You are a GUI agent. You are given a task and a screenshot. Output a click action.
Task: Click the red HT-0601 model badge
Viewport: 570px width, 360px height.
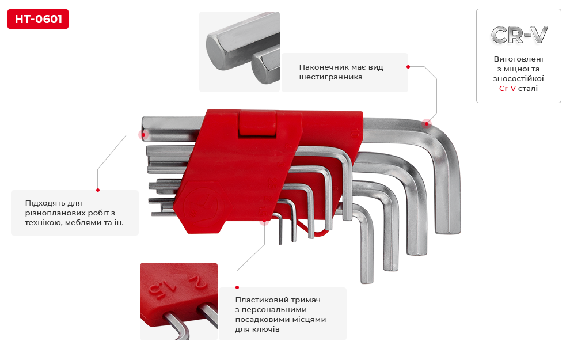tap(38, 19)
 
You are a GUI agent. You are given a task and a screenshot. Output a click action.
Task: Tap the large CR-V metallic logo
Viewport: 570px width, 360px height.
tap(519, 35)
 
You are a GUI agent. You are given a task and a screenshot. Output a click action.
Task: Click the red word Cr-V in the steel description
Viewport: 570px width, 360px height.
tap(507, 88)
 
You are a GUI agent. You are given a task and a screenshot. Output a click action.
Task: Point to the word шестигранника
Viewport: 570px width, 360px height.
tap(330, 77)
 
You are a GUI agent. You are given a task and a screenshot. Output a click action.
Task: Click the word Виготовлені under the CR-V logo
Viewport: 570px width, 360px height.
tap(518, 59)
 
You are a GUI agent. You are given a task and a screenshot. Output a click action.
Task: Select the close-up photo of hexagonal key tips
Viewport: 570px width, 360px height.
tap(240, 52)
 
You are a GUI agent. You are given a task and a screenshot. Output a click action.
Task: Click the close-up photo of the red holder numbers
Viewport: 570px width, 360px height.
tap(179, 301)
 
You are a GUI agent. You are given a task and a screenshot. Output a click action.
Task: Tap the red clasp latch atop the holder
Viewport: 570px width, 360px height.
tap(257, 123)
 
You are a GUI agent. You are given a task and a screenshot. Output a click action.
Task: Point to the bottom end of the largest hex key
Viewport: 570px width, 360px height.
tap(448, 231)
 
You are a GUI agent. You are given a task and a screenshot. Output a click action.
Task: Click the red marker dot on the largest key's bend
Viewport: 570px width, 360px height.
tap(427, 124)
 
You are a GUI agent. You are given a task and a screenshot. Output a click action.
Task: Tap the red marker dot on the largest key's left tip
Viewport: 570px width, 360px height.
tap(143, 135)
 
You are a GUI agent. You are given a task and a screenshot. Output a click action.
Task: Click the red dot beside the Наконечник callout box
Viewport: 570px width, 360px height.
tap(408, 67)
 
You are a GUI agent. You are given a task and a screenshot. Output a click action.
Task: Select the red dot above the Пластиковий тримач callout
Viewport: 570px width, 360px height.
tap(237, 287)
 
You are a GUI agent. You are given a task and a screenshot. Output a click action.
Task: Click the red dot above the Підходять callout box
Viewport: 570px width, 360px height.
tap(98, 190)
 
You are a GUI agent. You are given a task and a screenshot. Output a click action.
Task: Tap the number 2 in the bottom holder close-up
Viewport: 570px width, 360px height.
tap(197, 282)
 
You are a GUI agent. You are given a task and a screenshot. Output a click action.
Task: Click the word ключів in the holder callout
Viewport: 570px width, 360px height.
tap(268, 329)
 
